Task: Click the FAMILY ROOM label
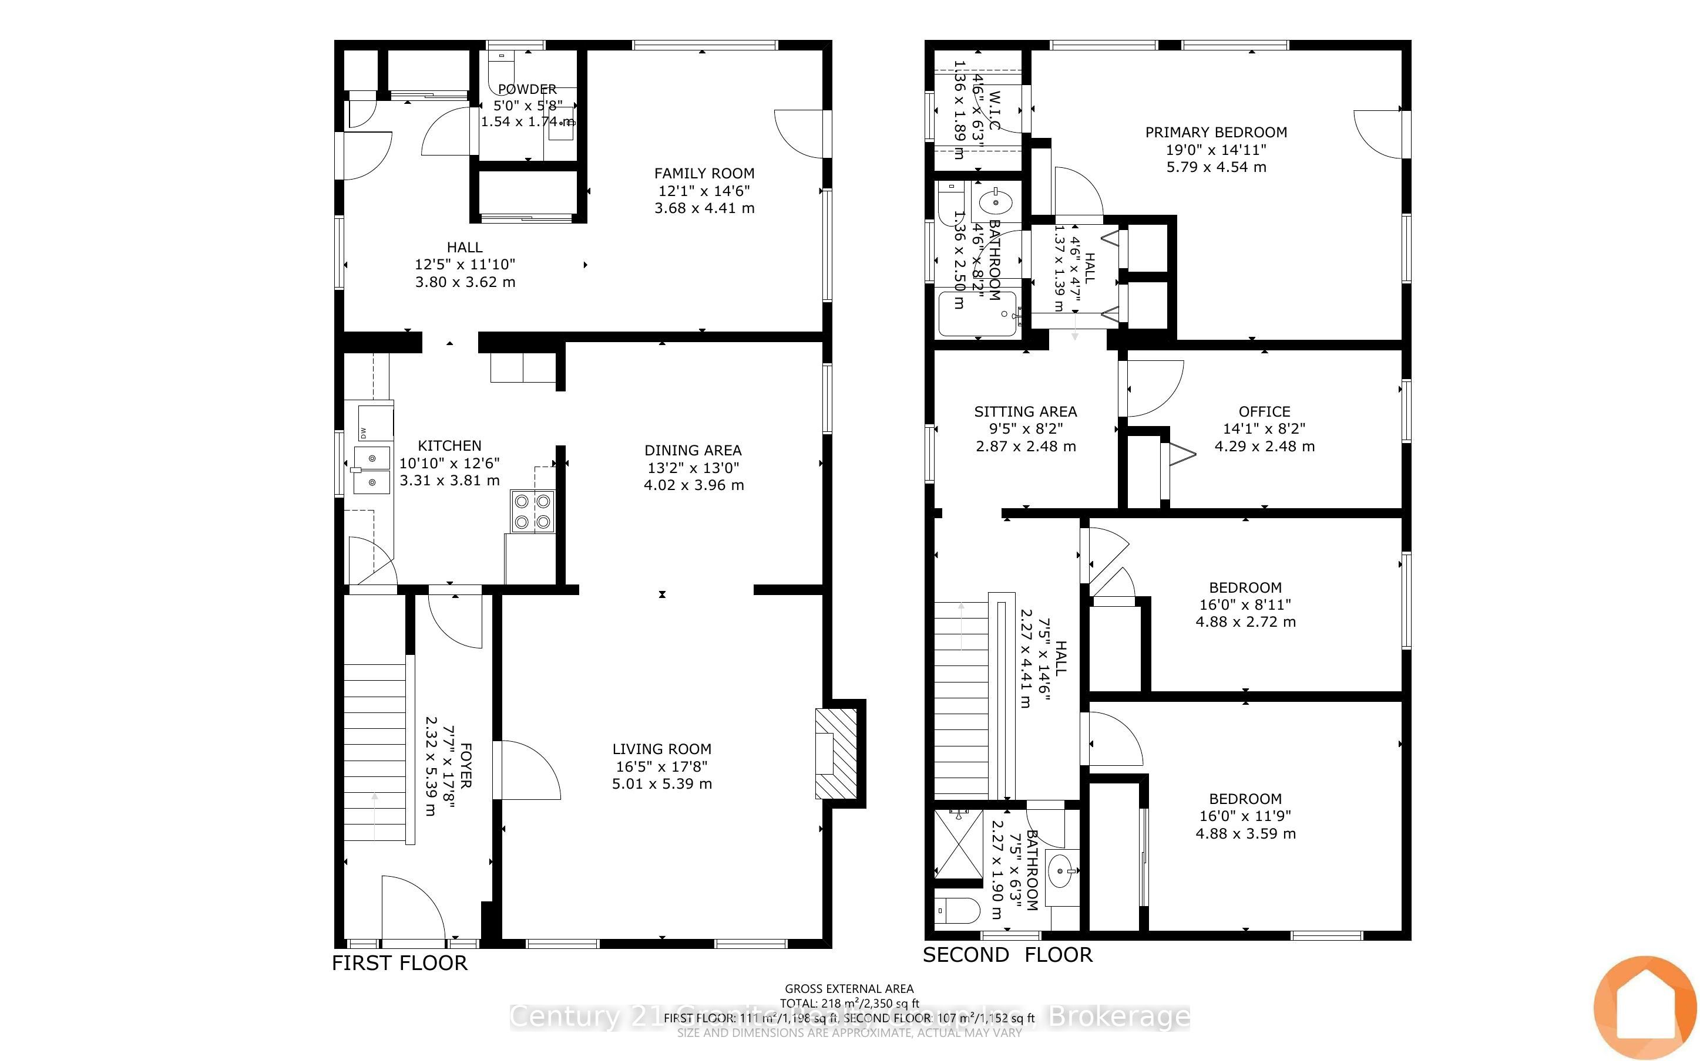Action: pos(704,173)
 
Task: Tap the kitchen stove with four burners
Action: pos(532,512)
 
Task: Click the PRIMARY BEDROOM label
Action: pos(1215,133)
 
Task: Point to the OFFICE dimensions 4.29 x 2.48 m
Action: pos(1264,447)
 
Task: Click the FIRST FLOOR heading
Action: pos(399,963)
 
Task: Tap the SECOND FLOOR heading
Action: pos(1007,954)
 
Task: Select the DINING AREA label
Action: pos(693,451)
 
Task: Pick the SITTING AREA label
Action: pos(1024,412)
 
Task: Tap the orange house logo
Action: pos(1645,1008)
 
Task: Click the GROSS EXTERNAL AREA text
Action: pos(848,989)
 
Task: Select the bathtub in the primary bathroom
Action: pos(977,314)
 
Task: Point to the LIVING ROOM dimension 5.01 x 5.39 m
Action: pos(661,784)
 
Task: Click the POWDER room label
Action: pos(527,89)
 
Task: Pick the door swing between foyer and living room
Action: pos(527,771)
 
